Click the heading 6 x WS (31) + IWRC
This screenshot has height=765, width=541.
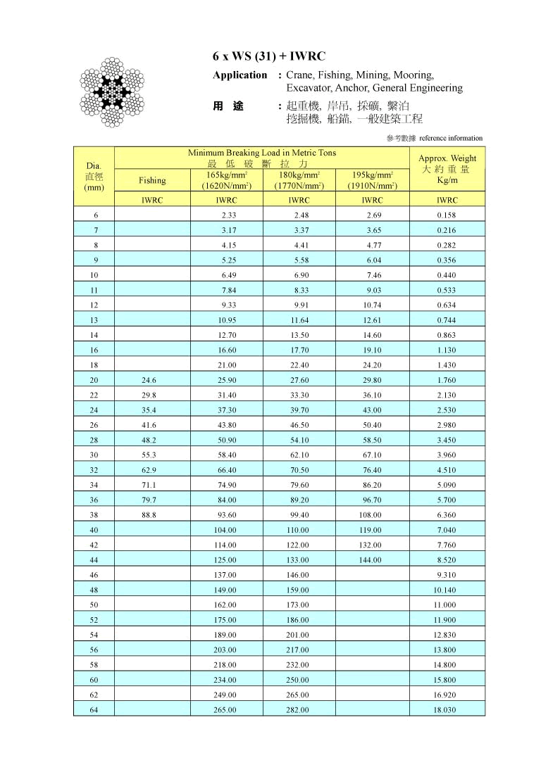[x=268, y=56]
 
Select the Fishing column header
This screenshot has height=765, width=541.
[x=152, y=180]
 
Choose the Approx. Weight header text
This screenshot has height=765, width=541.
[x=447, y=158]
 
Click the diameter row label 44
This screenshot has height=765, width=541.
[x=94, y=560]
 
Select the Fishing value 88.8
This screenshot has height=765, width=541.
[x=149, y=515]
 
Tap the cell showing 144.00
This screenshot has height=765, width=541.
[x=371, y=560]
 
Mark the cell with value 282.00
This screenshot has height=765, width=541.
[x=298, y=710]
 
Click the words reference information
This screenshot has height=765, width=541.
[x=456, y=138]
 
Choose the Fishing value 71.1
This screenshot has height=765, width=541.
[x=149, y=485]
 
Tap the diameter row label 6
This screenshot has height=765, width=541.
[x=94, y=215]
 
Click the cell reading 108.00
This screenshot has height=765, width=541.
[x=371, y=515]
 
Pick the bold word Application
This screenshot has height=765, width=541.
[x=240, y=75]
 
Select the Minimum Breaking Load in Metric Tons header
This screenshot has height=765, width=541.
[x=261, y=153]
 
